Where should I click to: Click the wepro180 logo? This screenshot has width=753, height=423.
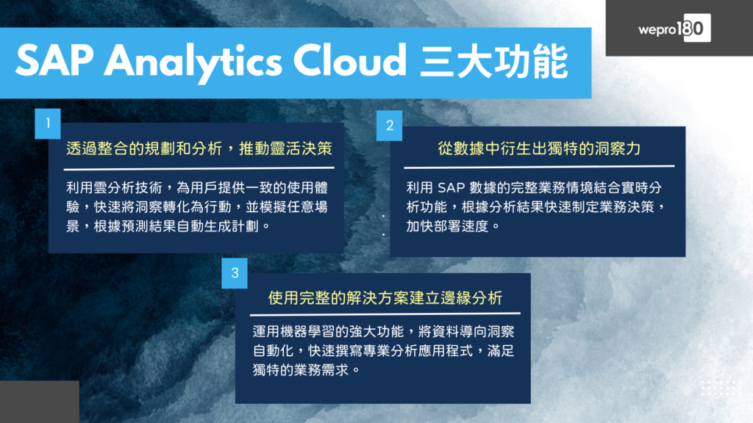click(674, 29)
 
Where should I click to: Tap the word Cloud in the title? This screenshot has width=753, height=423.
click(349, 60)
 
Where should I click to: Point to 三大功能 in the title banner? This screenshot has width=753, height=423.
click(493, 62)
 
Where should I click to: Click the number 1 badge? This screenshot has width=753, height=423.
click(48, 123)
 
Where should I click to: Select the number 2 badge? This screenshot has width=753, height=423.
click(390, 126)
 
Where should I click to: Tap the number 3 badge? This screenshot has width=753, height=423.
click(235, 273)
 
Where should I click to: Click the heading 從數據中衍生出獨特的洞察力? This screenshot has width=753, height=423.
click(539, 148)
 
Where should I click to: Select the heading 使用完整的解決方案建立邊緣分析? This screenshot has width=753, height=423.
click(385, 298)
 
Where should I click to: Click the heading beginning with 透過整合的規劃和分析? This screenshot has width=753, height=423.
click(199, 148)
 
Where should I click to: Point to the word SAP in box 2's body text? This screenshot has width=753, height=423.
click(451, 187)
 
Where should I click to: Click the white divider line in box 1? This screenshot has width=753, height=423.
click(199, 168)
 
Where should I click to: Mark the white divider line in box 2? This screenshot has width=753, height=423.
click(539, 167)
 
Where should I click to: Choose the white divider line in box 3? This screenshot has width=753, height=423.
click(385, 314)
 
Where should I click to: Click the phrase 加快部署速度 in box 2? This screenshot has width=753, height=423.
click(447, 226)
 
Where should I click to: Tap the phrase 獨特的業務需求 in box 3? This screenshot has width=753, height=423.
click(301, 370)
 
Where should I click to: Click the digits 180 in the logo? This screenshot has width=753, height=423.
click(690, 29)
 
